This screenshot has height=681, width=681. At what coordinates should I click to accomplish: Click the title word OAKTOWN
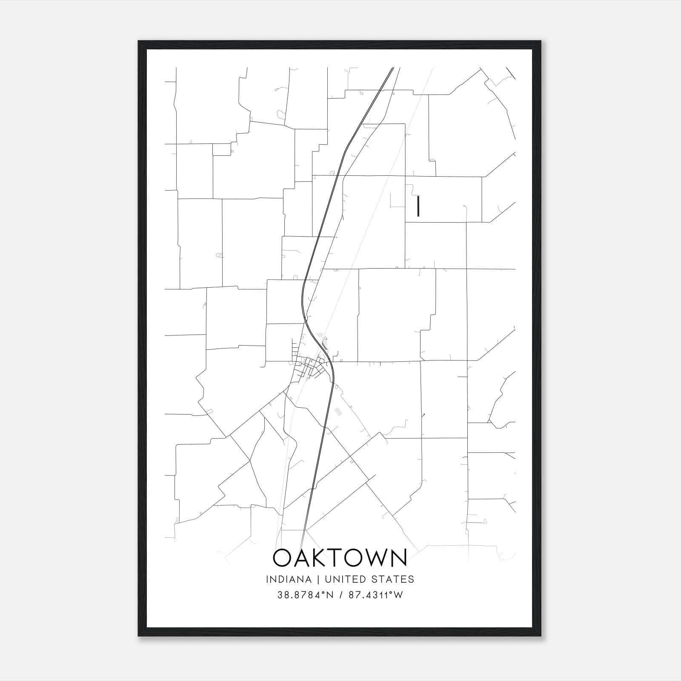(340, 558)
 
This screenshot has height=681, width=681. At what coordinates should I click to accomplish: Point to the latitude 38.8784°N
(305, 595)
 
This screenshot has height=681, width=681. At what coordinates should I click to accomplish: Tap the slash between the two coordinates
(340, 595)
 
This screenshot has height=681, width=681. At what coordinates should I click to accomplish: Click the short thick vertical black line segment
(418, 206)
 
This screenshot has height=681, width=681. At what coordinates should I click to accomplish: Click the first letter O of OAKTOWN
(282, 558)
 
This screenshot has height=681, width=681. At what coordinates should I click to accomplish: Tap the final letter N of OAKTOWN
(399, 558)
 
